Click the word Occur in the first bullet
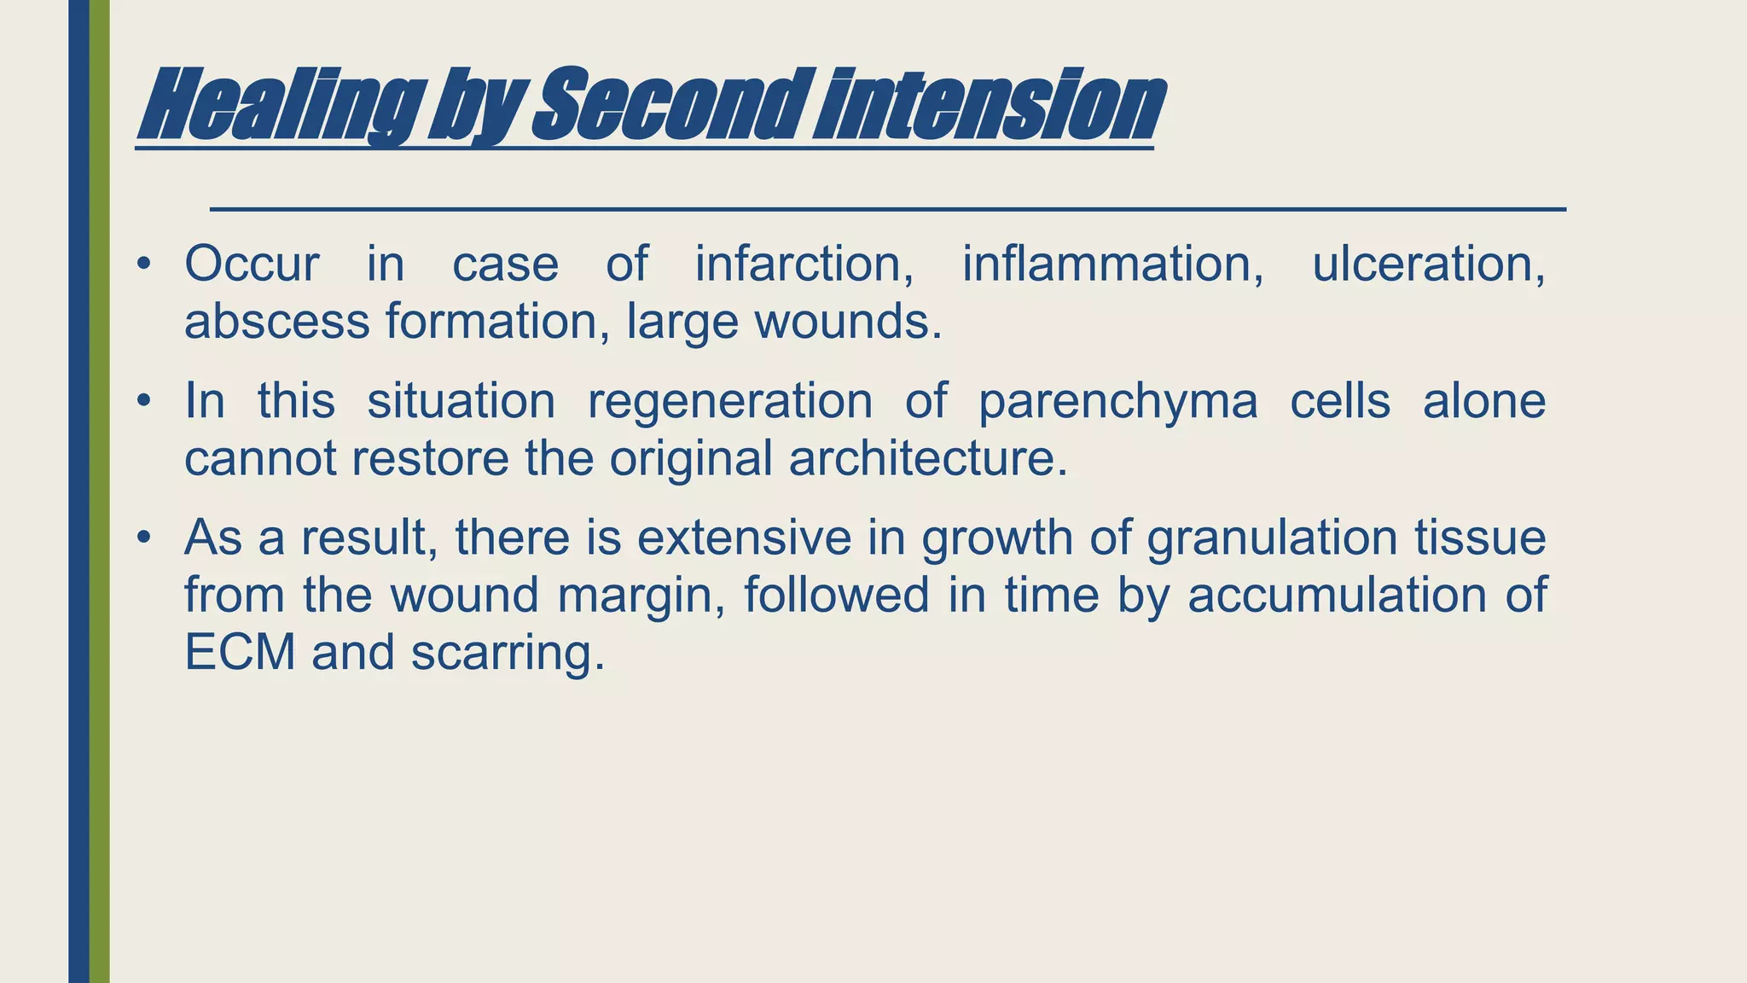tap(252, 264)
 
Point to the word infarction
tap(804, 264)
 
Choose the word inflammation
tap(1112, 264)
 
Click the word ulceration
tap(1428, 264)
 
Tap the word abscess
tap(277, 322)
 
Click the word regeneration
tap(730, 400)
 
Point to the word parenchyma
tap(1117, 402)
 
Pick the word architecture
tap(927, 458)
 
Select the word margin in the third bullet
tap(641, 596)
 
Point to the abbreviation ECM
tap(240, 653)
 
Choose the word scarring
tap(508, 654)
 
